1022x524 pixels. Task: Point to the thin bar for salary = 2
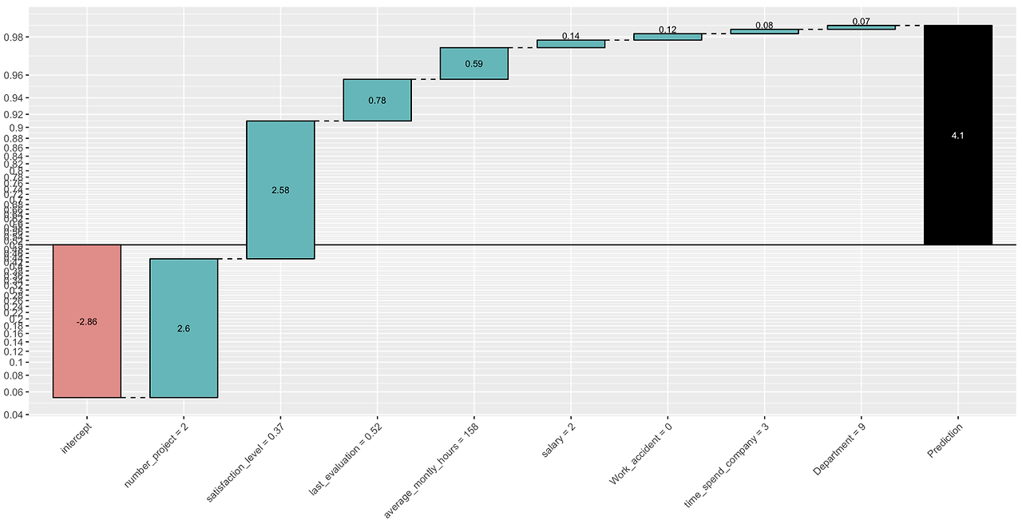coord(571,44)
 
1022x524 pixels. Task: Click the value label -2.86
coord(87,321)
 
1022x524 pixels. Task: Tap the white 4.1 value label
coord(957,136)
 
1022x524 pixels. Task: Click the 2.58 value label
coord(280,190)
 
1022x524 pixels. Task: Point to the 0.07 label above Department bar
coord(861,22)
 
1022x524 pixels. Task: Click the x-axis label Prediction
coord(945,439)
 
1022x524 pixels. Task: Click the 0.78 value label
coord(377,101)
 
